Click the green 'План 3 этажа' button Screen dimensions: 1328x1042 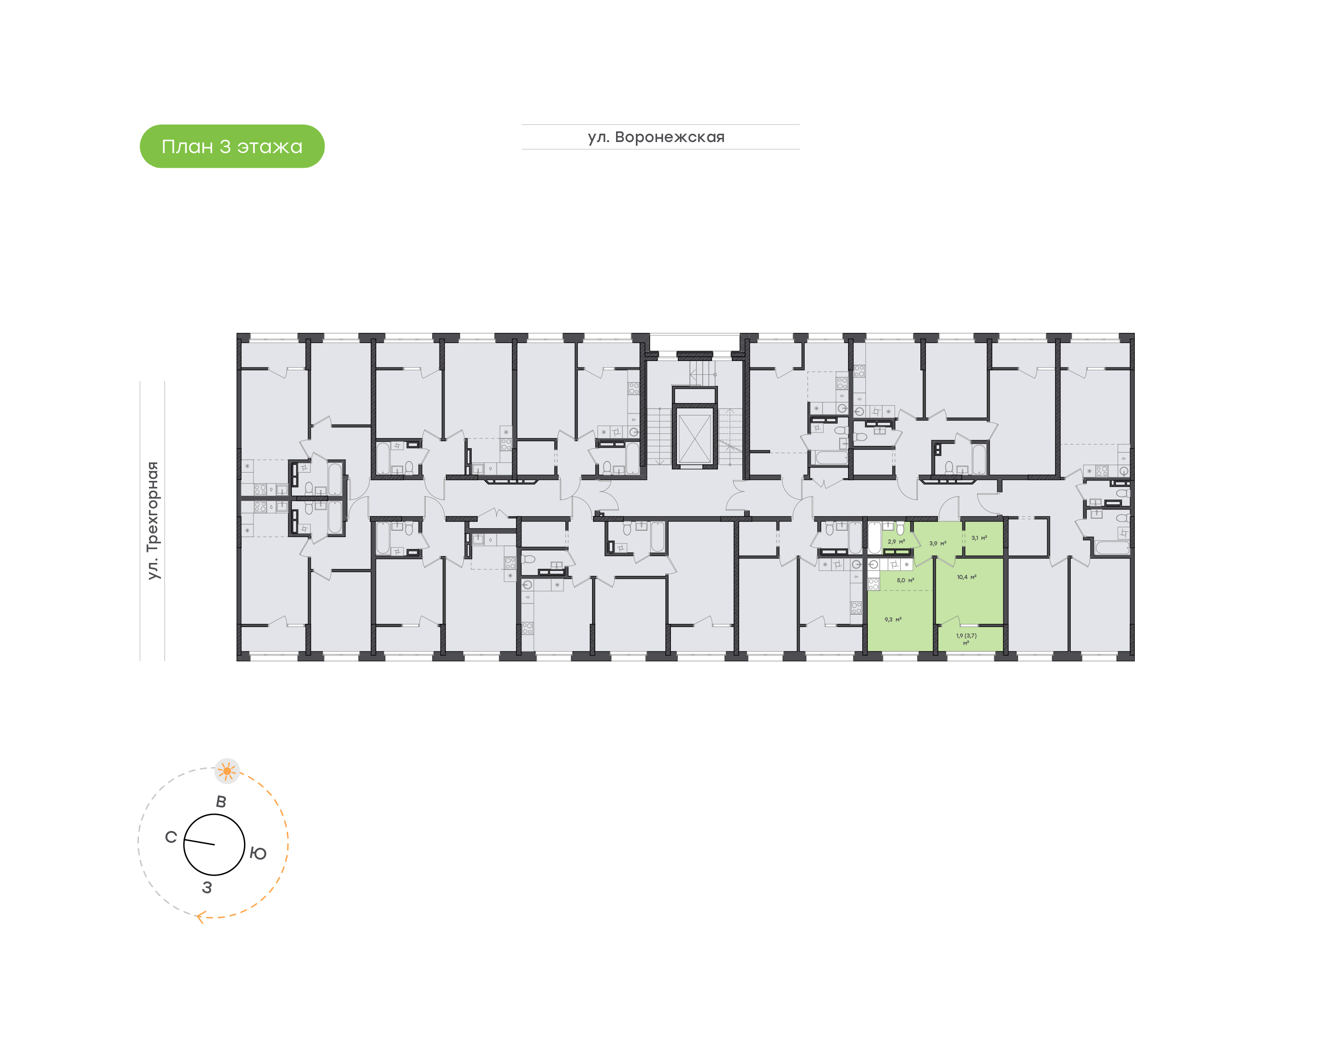[232, 147]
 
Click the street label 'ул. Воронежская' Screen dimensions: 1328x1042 [656, 137]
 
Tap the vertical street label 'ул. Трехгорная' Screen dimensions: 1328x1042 [153, 521]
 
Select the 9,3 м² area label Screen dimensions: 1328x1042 [893, 619]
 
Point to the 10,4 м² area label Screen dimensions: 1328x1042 [966, 577]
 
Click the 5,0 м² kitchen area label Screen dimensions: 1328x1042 [905, 580]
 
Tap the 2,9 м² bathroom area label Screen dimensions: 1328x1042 [896, 542]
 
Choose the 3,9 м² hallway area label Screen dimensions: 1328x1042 [937, 543]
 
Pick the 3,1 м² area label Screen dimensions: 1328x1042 [979, 538]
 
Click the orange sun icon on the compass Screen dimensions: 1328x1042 [227, 771]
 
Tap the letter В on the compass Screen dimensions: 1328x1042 [221, 802]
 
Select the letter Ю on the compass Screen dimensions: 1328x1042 [258, 853]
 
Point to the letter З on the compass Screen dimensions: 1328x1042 [207, 888]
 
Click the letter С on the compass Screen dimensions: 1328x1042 [171, 837]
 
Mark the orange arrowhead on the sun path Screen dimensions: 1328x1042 [200, 916]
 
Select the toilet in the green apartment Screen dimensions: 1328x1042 [901, 528]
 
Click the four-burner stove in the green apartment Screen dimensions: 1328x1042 [873, 584]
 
